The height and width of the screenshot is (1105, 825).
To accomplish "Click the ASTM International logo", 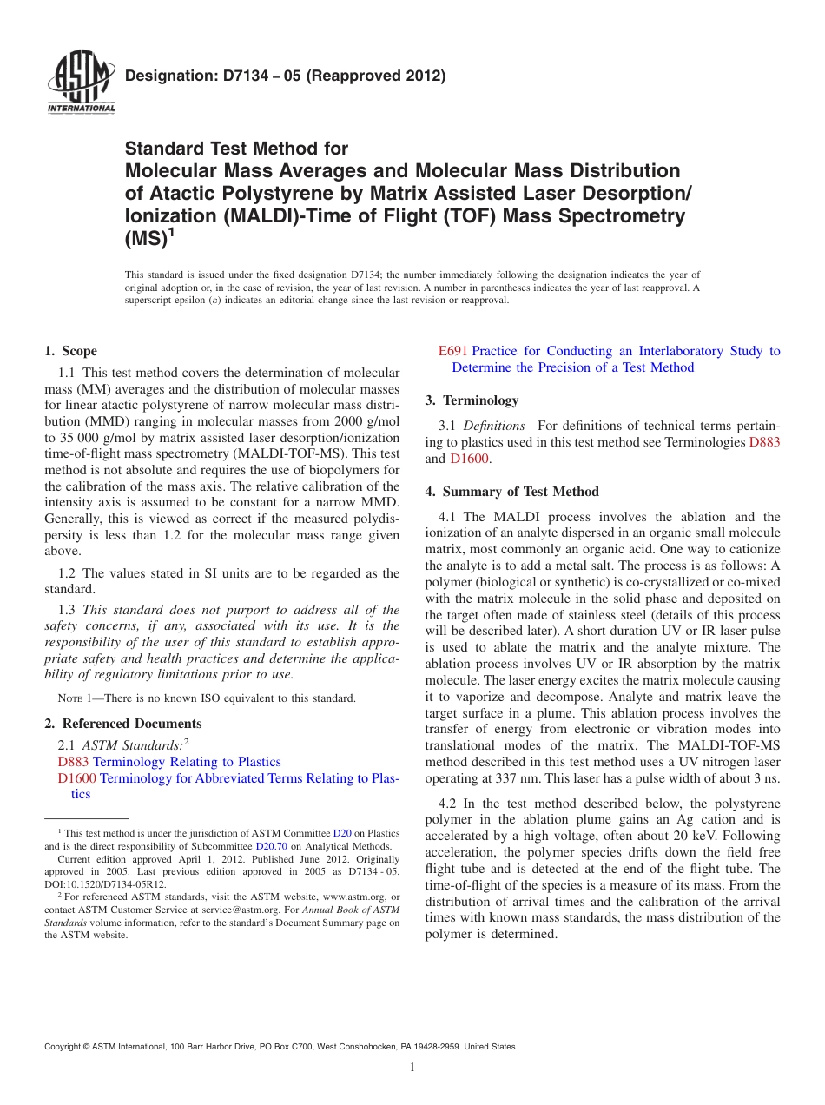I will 80,83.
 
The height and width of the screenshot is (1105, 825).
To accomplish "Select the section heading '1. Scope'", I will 70,351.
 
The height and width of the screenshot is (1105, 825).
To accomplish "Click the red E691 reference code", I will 453,351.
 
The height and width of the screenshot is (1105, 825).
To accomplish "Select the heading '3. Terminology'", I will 472,400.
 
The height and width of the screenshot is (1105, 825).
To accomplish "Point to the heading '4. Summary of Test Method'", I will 511,492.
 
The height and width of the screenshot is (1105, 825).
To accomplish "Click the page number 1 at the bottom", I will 412,1067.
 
